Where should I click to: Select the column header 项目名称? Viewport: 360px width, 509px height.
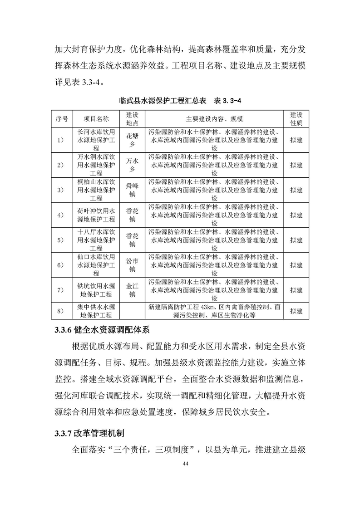pos(96,118)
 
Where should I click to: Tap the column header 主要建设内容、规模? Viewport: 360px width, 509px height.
pos(214,118)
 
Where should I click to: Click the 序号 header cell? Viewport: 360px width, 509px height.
pos(62,118)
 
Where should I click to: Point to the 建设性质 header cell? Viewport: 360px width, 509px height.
pos(296,118)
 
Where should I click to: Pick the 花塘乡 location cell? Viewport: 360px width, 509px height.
pos(131,140)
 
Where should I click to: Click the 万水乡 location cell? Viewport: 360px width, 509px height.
pos(131,165)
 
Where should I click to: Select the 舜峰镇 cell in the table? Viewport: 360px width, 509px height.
pos(131,190)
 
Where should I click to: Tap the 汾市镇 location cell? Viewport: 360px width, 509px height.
pos(131,265)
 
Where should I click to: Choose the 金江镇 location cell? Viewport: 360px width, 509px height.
pos(131,290)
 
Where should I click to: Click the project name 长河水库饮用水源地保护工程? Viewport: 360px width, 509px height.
pos(96,140)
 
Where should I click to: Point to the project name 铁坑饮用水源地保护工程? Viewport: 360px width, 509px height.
pos(96,290)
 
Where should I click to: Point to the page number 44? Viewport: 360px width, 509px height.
pos(185,463)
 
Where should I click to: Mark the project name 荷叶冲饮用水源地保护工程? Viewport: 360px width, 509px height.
pos(96,215)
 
